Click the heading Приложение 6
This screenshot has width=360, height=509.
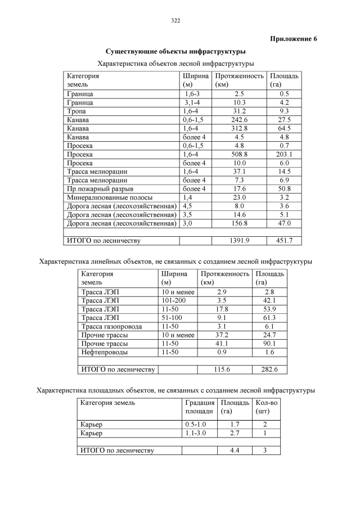tap(294, 39)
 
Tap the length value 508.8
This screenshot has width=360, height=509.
tap(239, 154)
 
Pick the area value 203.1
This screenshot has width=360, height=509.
tap(284, 154)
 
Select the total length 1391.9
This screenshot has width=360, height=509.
tap(239, 241)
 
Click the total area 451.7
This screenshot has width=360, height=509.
tap(284, 241)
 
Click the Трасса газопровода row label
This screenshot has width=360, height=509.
tap(112, 326)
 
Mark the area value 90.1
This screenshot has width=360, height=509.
tap(269, 344)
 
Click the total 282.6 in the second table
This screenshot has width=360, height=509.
tap(269, 370)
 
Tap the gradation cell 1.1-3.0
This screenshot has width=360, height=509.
tap(196, 433)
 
